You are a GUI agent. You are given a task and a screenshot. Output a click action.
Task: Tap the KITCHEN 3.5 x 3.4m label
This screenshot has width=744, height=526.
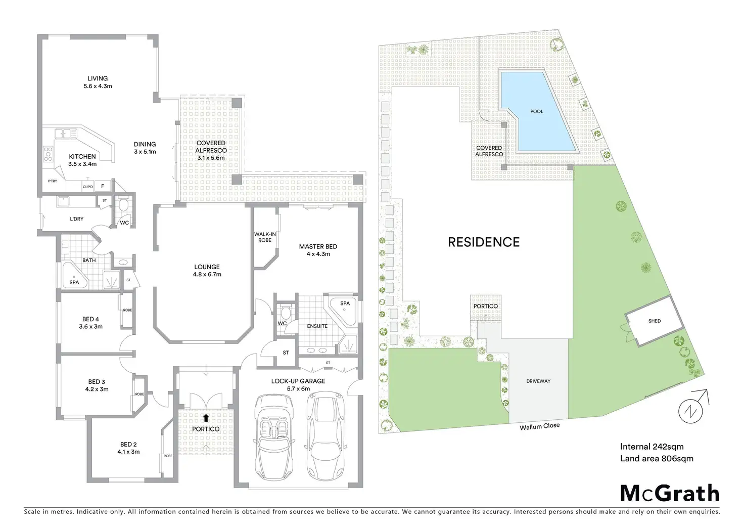[82, 160]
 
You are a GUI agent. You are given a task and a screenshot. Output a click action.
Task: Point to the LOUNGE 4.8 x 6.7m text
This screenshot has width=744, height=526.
[207, 271]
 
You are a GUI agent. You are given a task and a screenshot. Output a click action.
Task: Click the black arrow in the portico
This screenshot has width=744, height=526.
[206, 418]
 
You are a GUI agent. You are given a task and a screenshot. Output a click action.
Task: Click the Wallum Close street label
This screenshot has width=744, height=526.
[539, 426]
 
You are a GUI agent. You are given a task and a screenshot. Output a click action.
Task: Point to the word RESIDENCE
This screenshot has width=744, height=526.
[484, 242]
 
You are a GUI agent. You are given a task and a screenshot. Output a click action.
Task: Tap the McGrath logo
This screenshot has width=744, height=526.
[669, 493]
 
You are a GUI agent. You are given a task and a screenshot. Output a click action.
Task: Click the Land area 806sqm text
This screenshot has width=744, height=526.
[657, 459]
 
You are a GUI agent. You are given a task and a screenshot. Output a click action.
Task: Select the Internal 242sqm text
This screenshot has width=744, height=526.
[652, 447]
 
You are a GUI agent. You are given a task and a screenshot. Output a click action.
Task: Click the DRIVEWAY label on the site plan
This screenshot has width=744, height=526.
[538, 381]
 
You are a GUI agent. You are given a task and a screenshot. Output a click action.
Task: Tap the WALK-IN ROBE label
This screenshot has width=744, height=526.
[265, 237]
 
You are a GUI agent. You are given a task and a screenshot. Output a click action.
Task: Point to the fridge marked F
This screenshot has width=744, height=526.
[103, 186]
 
